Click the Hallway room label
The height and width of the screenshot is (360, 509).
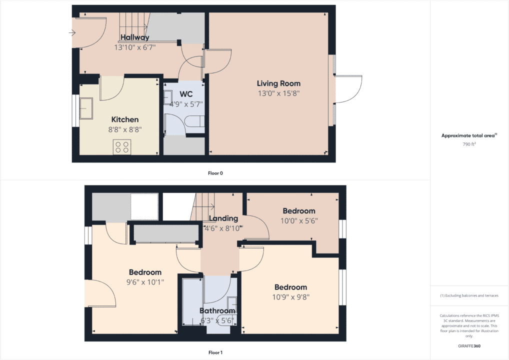click(x=135, y=37)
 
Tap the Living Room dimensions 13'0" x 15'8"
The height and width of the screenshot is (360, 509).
click(x=278, y=93)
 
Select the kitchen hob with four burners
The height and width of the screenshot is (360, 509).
click(x=122, y=146)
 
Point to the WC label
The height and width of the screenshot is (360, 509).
click(x=186, y=94)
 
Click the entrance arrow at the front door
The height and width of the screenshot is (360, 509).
click(x=71, y=33)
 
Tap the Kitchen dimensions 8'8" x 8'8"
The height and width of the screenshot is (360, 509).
click(x=125, y=129)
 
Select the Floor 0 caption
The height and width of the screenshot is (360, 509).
click(x=215, y=173)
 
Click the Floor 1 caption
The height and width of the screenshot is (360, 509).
click(x=215, y=352)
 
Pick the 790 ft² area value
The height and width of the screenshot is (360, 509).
click(x=469, y=144)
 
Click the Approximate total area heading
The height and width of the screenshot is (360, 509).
click(x=468, y=135)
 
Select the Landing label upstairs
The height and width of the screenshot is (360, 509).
click(x=223, y=218)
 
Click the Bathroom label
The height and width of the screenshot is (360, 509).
click(x=217, y=311)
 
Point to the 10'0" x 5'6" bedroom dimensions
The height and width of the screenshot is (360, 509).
click(x=298, y=220)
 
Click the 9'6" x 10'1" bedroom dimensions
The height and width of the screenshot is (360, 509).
click(x=145, y=281)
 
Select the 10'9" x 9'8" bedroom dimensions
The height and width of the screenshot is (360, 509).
click(x=290, y=296)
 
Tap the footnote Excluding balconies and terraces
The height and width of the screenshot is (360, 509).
click(x=469, y=295)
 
